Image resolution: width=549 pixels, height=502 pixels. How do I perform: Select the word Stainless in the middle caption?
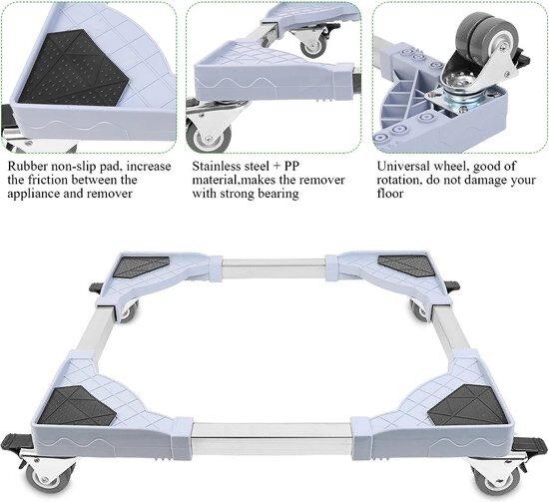217,166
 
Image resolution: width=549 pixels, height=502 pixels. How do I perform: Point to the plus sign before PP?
276,166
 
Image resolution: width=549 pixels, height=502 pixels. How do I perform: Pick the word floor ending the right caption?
390,194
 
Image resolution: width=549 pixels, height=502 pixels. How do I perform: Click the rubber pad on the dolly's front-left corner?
77,405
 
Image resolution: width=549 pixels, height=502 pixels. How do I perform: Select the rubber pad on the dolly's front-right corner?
468,404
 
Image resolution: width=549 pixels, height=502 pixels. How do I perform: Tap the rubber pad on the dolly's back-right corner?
408,264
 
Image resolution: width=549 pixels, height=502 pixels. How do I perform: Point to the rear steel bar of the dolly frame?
274,268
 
